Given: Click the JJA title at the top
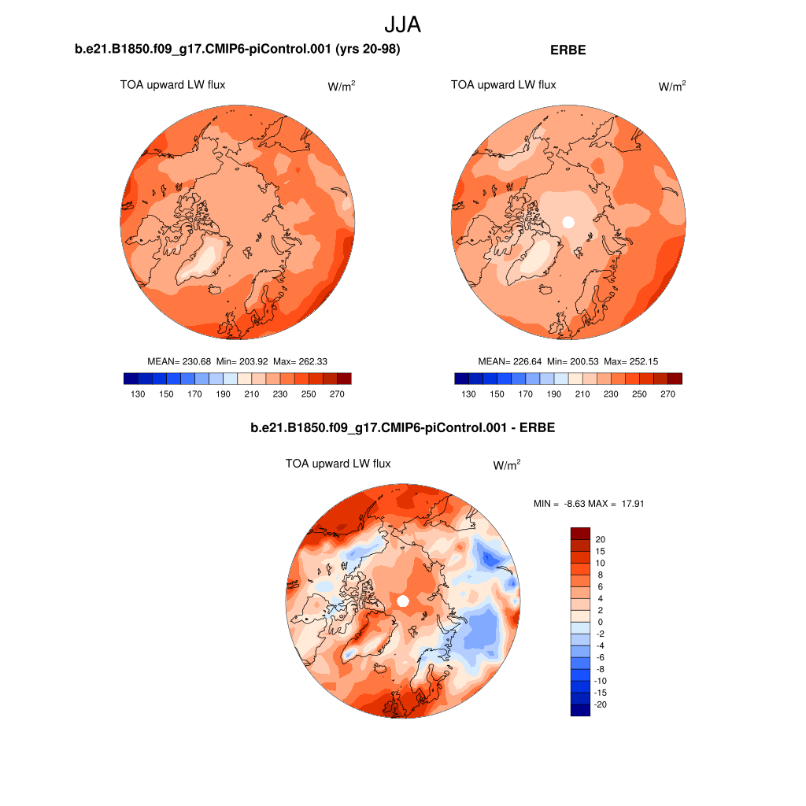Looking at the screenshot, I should [x=403, y=24].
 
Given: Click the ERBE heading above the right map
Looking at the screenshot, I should [x=568, y=50].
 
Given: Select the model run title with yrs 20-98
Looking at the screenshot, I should [x=238, y=50].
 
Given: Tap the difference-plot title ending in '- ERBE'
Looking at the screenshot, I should [x=402, y=428].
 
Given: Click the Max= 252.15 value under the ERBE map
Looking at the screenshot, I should [x=630, y=361].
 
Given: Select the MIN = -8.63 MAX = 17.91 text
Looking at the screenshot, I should [x=589, y=504].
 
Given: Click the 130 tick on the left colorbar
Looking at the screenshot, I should [x=138, y=394].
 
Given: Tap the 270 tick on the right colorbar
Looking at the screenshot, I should [x=667, y=394].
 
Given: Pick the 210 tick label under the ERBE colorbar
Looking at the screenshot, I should [x=582, y=394].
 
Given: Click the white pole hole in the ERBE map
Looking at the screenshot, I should [x=568, y=223].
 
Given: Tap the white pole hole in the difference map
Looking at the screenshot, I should [x=402, y=601].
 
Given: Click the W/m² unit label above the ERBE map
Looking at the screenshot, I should [x=671, y=87].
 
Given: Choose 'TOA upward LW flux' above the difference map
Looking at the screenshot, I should [x=338, y=464].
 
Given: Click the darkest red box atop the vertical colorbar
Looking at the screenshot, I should [x=579, y=533].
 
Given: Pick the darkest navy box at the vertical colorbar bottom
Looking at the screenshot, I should [x=579, y=710].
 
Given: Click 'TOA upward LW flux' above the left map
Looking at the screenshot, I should [x=172, y=85].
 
